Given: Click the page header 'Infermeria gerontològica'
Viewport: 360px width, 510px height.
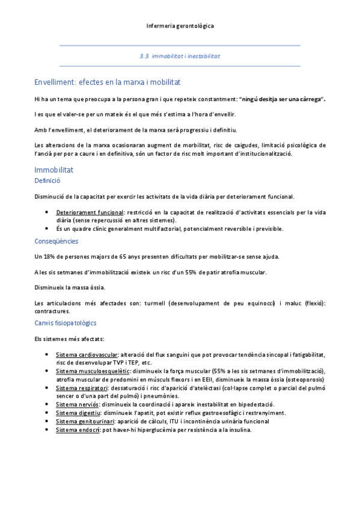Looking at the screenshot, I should (x=180, y=26).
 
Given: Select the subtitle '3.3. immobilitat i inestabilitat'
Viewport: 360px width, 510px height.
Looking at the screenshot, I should (x=180, y=55).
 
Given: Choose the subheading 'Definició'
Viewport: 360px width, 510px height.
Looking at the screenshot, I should (x=47, y=180).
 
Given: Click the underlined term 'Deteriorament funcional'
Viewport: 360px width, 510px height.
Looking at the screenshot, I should (x=90, y=213).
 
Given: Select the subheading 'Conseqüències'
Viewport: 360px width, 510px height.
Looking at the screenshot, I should (x=56, y=241).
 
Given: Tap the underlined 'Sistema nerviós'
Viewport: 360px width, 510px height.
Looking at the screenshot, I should (x=77, y=405).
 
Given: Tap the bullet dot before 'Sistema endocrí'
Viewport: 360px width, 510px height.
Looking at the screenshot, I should (x=47, y=430).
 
